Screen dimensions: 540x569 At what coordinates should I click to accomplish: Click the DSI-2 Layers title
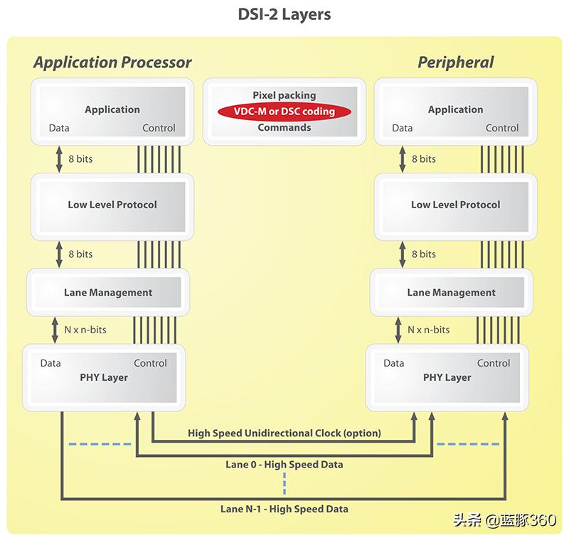(x=284, y=14)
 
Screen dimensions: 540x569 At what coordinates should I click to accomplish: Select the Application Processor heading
(x=112, y=63)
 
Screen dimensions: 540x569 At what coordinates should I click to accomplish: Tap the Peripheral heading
(x=455, y=63)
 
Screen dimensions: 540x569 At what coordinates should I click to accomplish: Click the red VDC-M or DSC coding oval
(x=284, y=112)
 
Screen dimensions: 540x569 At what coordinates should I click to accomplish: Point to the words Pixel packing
(x=284, y=95)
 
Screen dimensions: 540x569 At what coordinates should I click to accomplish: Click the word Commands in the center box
(x=284, y=128)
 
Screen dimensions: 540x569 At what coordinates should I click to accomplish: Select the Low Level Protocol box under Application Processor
(x=112, y=205)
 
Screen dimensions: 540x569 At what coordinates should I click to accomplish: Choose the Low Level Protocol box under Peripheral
(x=455, y=205)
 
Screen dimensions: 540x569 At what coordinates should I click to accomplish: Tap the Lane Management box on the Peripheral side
(x=451, y=292)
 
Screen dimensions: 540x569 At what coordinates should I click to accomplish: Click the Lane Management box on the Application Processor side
(x=108, y=292)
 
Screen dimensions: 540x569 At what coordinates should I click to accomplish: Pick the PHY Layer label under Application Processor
(x=104, y=377)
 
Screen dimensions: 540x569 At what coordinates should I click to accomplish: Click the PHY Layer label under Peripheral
(x=447, y=377)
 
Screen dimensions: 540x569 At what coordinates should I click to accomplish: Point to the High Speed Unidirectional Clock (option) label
(x=284, y=433)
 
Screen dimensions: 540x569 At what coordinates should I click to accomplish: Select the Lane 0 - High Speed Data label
(x=284, y=465)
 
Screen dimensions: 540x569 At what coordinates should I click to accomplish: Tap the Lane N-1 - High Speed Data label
(x=284, y=509)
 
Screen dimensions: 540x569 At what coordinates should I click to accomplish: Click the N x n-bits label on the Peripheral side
(x=428, y=330)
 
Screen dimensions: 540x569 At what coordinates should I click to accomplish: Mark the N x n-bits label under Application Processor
(x=85, y=330)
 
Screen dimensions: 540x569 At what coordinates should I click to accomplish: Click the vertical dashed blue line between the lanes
(x=284, y=483)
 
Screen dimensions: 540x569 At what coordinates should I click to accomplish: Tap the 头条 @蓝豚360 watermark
(x=504, y=520)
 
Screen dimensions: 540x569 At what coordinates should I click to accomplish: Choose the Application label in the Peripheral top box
(x=455, y=109)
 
